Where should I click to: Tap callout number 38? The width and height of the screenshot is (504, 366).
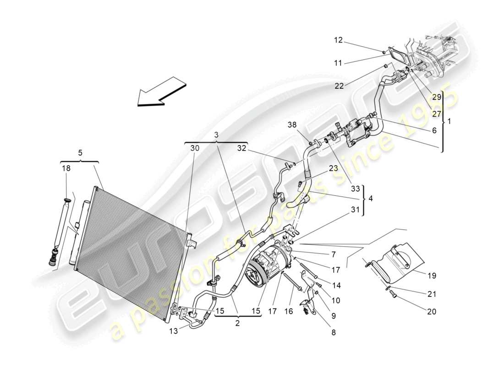292,125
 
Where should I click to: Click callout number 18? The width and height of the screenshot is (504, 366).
67,169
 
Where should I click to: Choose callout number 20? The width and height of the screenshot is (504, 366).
431,312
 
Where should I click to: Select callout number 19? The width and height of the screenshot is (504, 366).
432,276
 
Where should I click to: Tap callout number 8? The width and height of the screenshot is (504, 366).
333,333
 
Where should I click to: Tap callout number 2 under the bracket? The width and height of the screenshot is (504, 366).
237,323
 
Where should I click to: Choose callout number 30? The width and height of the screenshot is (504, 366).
195,148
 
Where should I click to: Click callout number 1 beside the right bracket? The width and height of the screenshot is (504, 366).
449,122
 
